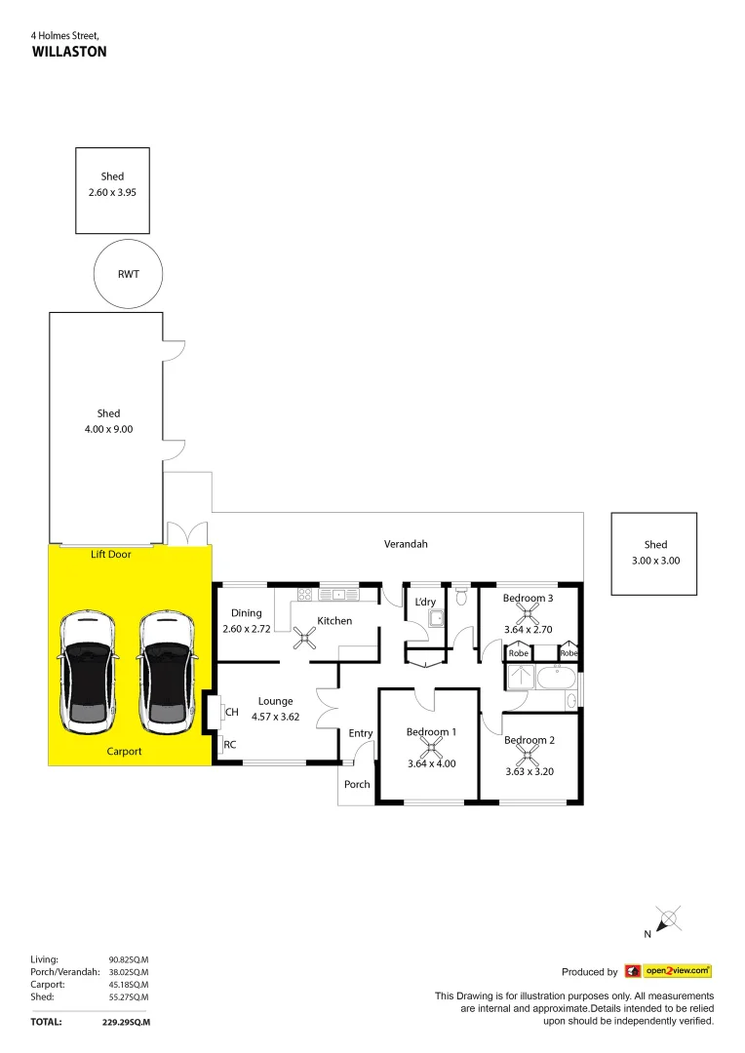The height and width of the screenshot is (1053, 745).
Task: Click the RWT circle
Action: [128, 274]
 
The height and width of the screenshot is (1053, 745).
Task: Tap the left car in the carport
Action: [88, 673]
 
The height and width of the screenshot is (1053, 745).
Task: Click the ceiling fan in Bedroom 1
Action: [430, 748]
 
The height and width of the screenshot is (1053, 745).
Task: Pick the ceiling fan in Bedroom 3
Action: [529, 613]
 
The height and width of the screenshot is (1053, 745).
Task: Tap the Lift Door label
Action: [110, 554]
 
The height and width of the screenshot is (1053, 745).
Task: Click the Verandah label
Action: [406, 544]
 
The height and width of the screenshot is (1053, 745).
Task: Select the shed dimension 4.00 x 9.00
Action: [108, 429]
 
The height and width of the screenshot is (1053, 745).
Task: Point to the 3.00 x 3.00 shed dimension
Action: [655, 561]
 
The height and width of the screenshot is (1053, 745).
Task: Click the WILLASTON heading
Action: [69, 52]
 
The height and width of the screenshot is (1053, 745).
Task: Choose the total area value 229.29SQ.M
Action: [126, 1023]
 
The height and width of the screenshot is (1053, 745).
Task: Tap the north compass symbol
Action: [667, 918]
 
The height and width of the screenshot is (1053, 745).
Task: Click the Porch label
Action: [357, 784]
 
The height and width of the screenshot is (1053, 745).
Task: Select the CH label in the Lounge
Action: [231, 713]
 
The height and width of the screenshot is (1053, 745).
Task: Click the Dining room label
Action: [247, 613]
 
